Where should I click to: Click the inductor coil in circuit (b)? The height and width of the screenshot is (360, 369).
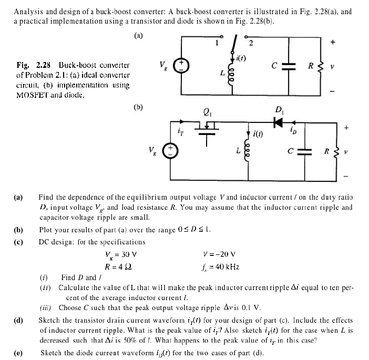[248, 149]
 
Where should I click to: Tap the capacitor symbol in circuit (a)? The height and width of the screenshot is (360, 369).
[286, 66]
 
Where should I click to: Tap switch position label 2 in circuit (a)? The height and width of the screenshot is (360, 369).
[251, 43]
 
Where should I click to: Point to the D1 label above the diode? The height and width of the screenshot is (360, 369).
[279, 109]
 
